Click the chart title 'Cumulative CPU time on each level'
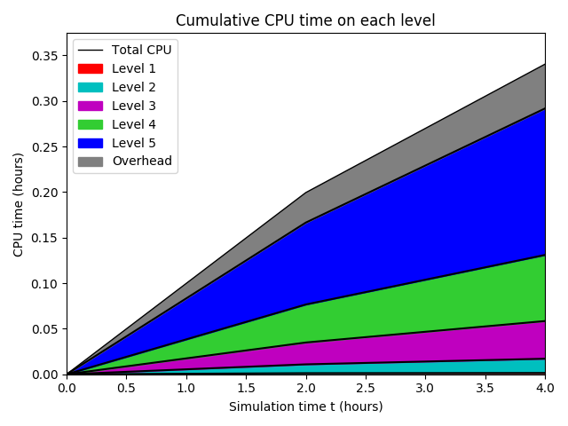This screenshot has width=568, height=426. click(305, 20)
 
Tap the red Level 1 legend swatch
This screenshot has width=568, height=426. click(91, 68)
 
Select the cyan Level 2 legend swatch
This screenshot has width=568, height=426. click(91, 87)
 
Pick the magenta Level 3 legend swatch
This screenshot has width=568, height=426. click(91, 106)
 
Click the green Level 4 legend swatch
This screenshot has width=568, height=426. click(91, 124)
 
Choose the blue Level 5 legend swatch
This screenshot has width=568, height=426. click(91, 143)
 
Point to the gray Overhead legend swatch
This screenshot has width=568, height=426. click(91, 162)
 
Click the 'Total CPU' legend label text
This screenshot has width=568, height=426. click(141, 50)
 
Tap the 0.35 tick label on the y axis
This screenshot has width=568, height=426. click(45, 56)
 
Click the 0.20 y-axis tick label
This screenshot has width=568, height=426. click(45, 193)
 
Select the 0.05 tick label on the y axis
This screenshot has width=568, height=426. click(45, 329)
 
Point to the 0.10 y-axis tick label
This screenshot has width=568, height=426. click(45, 284)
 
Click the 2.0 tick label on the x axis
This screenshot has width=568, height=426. click(305, 389)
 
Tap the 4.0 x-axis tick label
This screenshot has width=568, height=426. click(544, 389)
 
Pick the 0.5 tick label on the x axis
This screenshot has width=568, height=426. click(126, 389)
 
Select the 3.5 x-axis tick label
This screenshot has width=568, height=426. click(485, 389)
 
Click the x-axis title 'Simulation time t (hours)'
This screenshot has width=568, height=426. click(305, 406)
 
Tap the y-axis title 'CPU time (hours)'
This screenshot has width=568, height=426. click(19, 204)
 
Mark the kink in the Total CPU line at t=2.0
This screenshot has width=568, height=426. click(305, 193)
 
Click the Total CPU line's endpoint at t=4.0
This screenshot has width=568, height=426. click(544, 64)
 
